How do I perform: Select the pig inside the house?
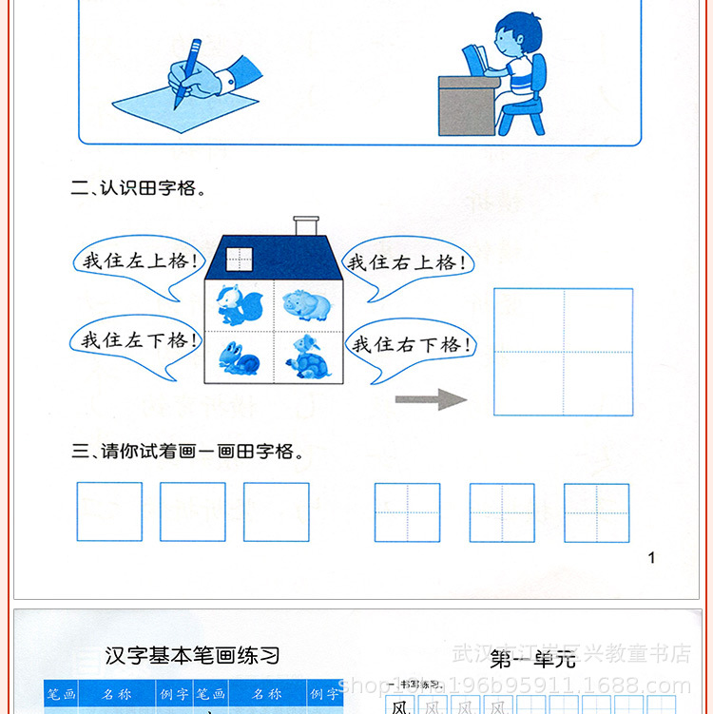pyautogui.click(x=306, y=305)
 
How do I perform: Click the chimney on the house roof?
pyautogui.click(x=305, y=225)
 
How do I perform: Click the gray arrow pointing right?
pyautogui.click(x=432, y=399)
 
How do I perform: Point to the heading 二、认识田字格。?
pyautogui.click(x=139, y=188)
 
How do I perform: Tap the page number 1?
pyautogui.click(x=651, y=558)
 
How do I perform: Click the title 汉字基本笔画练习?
pyautogui.click(x=192, y=655)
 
